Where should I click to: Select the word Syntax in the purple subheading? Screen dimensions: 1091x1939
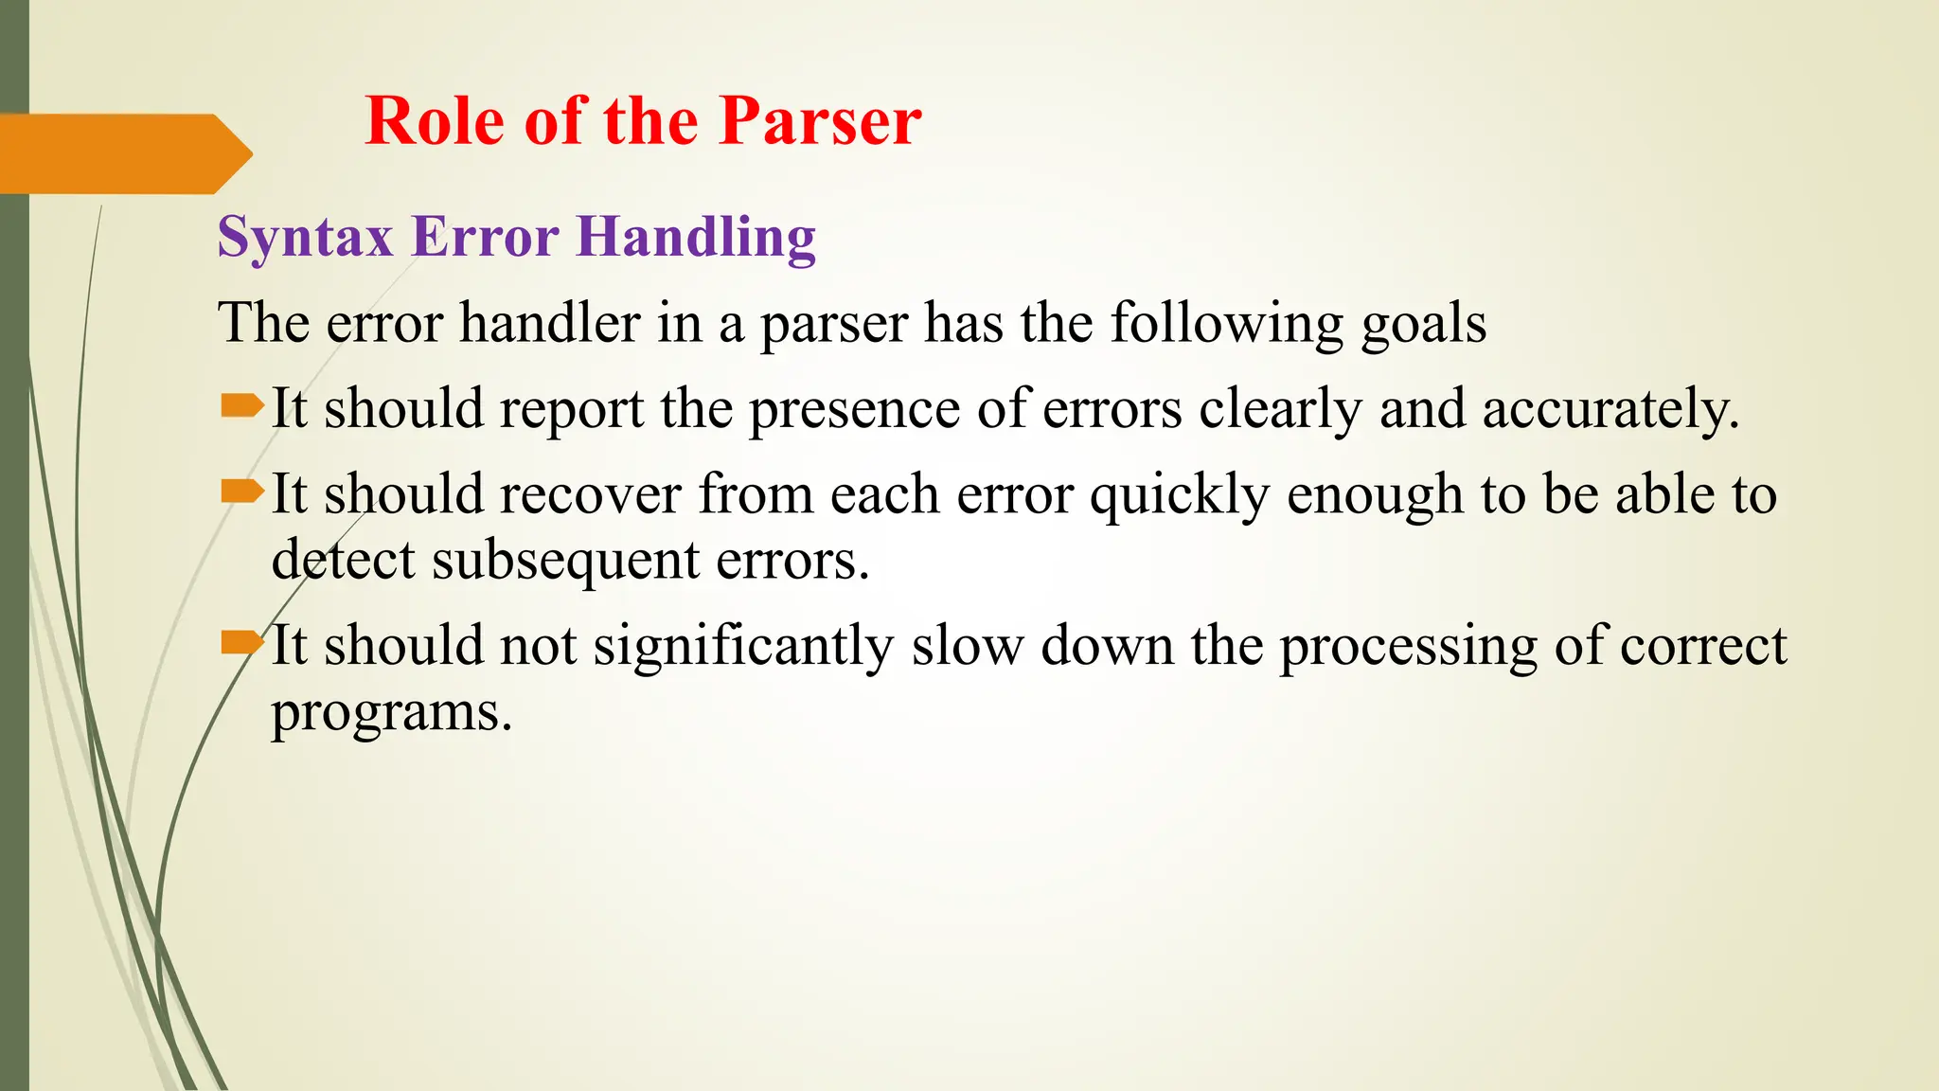(x=305, y=237)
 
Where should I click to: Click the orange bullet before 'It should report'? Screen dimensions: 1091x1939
(x=241, y=406)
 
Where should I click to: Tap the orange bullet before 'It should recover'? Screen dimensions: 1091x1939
(x=241, y=492)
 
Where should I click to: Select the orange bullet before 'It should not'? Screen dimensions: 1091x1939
(x=241, y=644)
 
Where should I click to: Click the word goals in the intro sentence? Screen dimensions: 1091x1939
(x=1424, y=325)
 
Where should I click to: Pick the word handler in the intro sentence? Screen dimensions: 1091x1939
(x=550, y=323)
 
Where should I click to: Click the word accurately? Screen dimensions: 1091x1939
(x=1610, y=410)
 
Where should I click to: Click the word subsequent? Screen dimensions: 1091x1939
(x=564, y=561)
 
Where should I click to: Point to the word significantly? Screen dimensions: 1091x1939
(x=743, y=647)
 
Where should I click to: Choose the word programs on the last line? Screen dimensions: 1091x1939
(x=390, y=713)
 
